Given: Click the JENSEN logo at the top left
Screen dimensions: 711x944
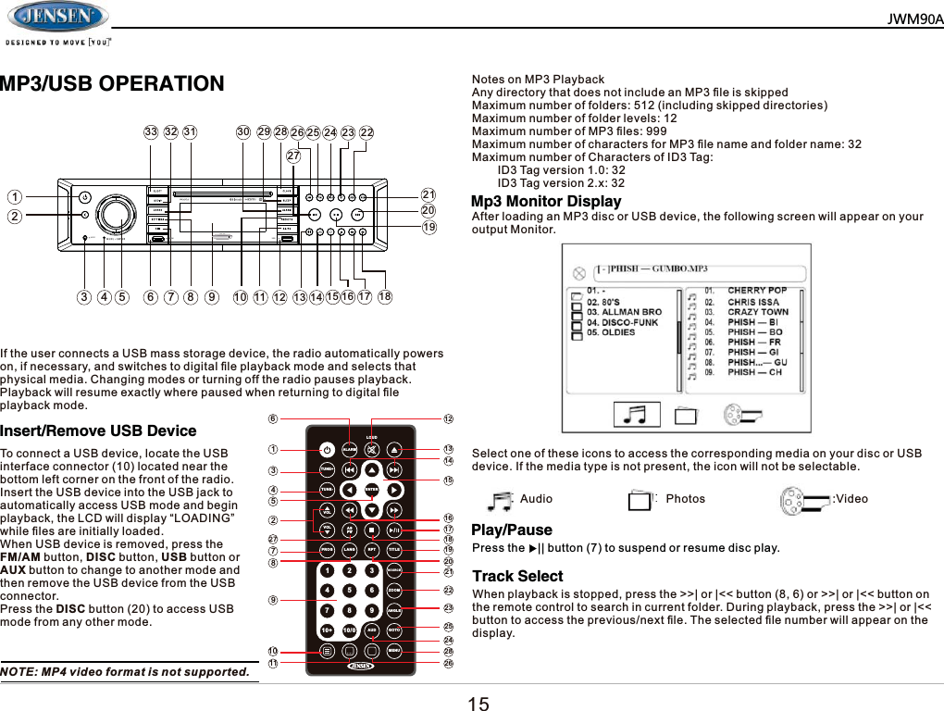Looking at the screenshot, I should [x=57, y=17].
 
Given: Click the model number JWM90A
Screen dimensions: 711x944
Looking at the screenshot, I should [x=914, y=19].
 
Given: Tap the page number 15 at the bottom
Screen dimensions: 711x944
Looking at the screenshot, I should [x=478, y=704].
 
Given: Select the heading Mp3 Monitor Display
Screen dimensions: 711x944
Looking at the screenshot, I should [x=546, y=202].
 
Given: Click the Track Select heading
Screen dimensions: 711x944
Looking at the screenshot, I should [x=517, y=576].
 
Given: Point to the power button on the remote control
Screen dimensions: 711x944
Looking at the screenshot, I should [x=326, y=450].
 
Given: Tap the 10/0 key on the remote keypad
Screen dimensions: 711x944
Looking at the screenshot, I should [x=349, y=630].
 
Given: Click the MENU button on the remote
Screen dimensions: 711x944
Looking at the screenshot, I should [x=394, y=651].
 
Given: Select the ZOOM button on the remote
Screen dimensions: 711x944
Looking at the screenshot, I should [x=394, y=589].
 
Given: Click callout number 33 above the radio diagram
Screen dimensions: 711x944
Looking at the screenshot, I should [x=150, y=131].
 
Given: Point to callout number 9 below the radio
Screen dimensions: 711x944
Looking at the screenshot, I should [x=212, y=297].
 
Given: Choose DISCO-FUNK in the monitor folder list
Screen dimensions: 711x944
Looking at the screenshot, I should [x=622, y=322].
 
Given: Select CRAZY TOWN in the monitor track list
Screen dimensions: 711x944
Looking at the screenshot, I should [x=757, y=312].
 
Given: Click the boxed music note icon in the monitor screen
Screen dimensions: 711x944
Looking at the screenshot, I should [x=639, y=415].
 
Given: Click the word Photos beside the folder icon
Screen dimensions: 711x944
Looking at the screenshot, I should [x=685, y=499].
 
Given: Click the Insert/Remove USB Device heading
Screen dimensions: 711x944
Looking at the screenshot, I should [x=98, y=430].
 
